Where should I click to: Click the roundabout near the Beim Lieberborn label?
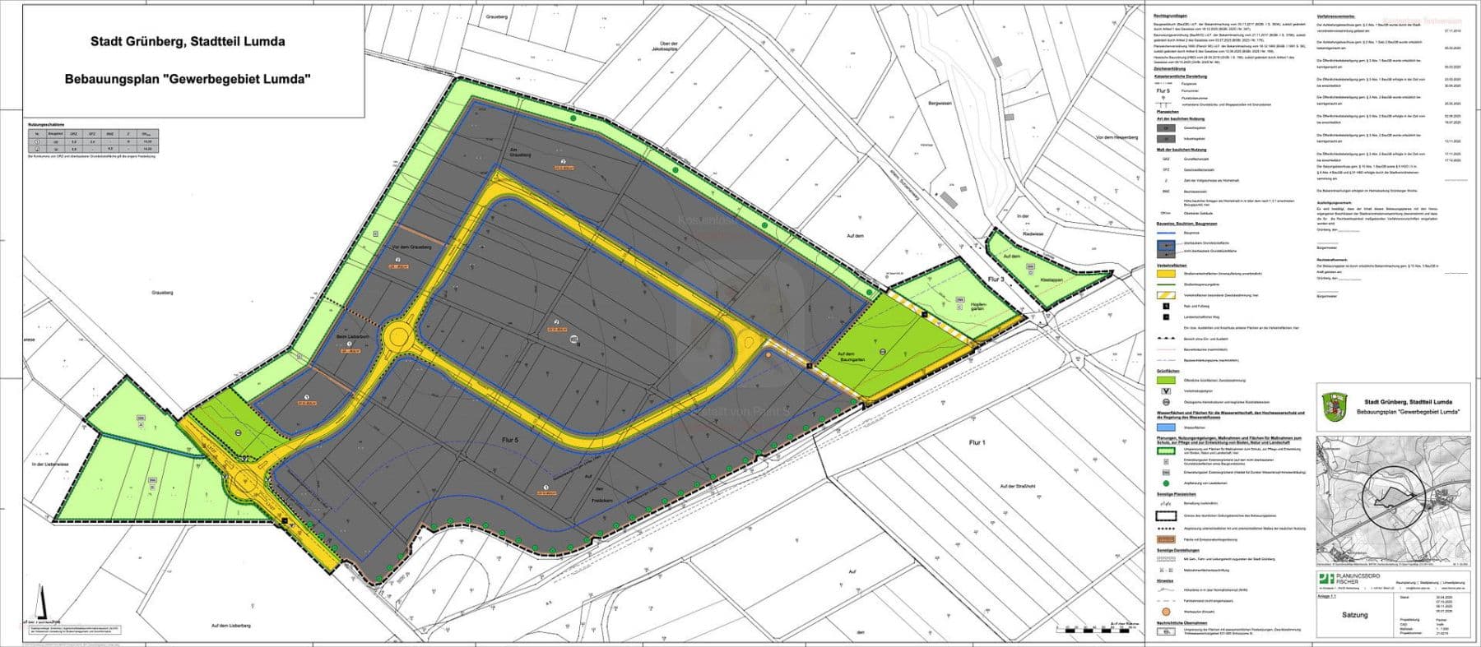pyautogui.click(x=401, y=336)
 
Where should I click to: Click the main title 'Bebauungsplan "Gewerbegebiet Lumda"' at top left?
pyautogui.click(x=188, y=80)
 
